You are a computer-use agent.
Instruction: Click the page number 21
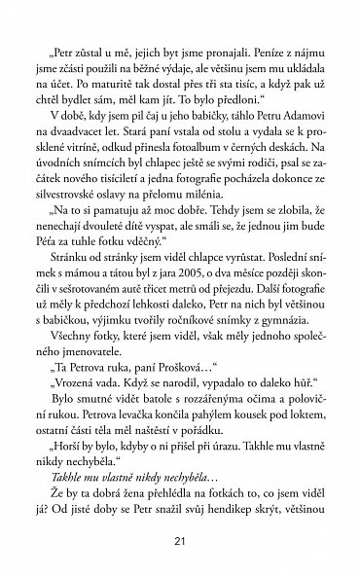coord(179,541)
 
